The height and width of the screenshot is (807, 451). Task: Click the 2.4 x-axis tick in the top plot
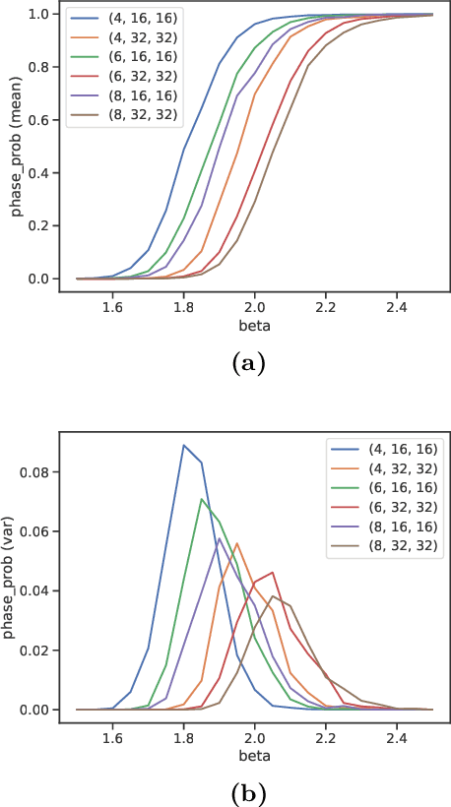[398, 307]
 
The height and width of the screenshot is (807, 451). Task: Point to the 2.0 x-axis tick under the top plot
[255, 307]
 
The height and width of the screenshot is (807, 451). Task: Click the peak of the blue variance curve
[183, 445]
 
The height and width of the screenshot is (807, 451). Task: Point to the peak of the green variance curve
[201, 499]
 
